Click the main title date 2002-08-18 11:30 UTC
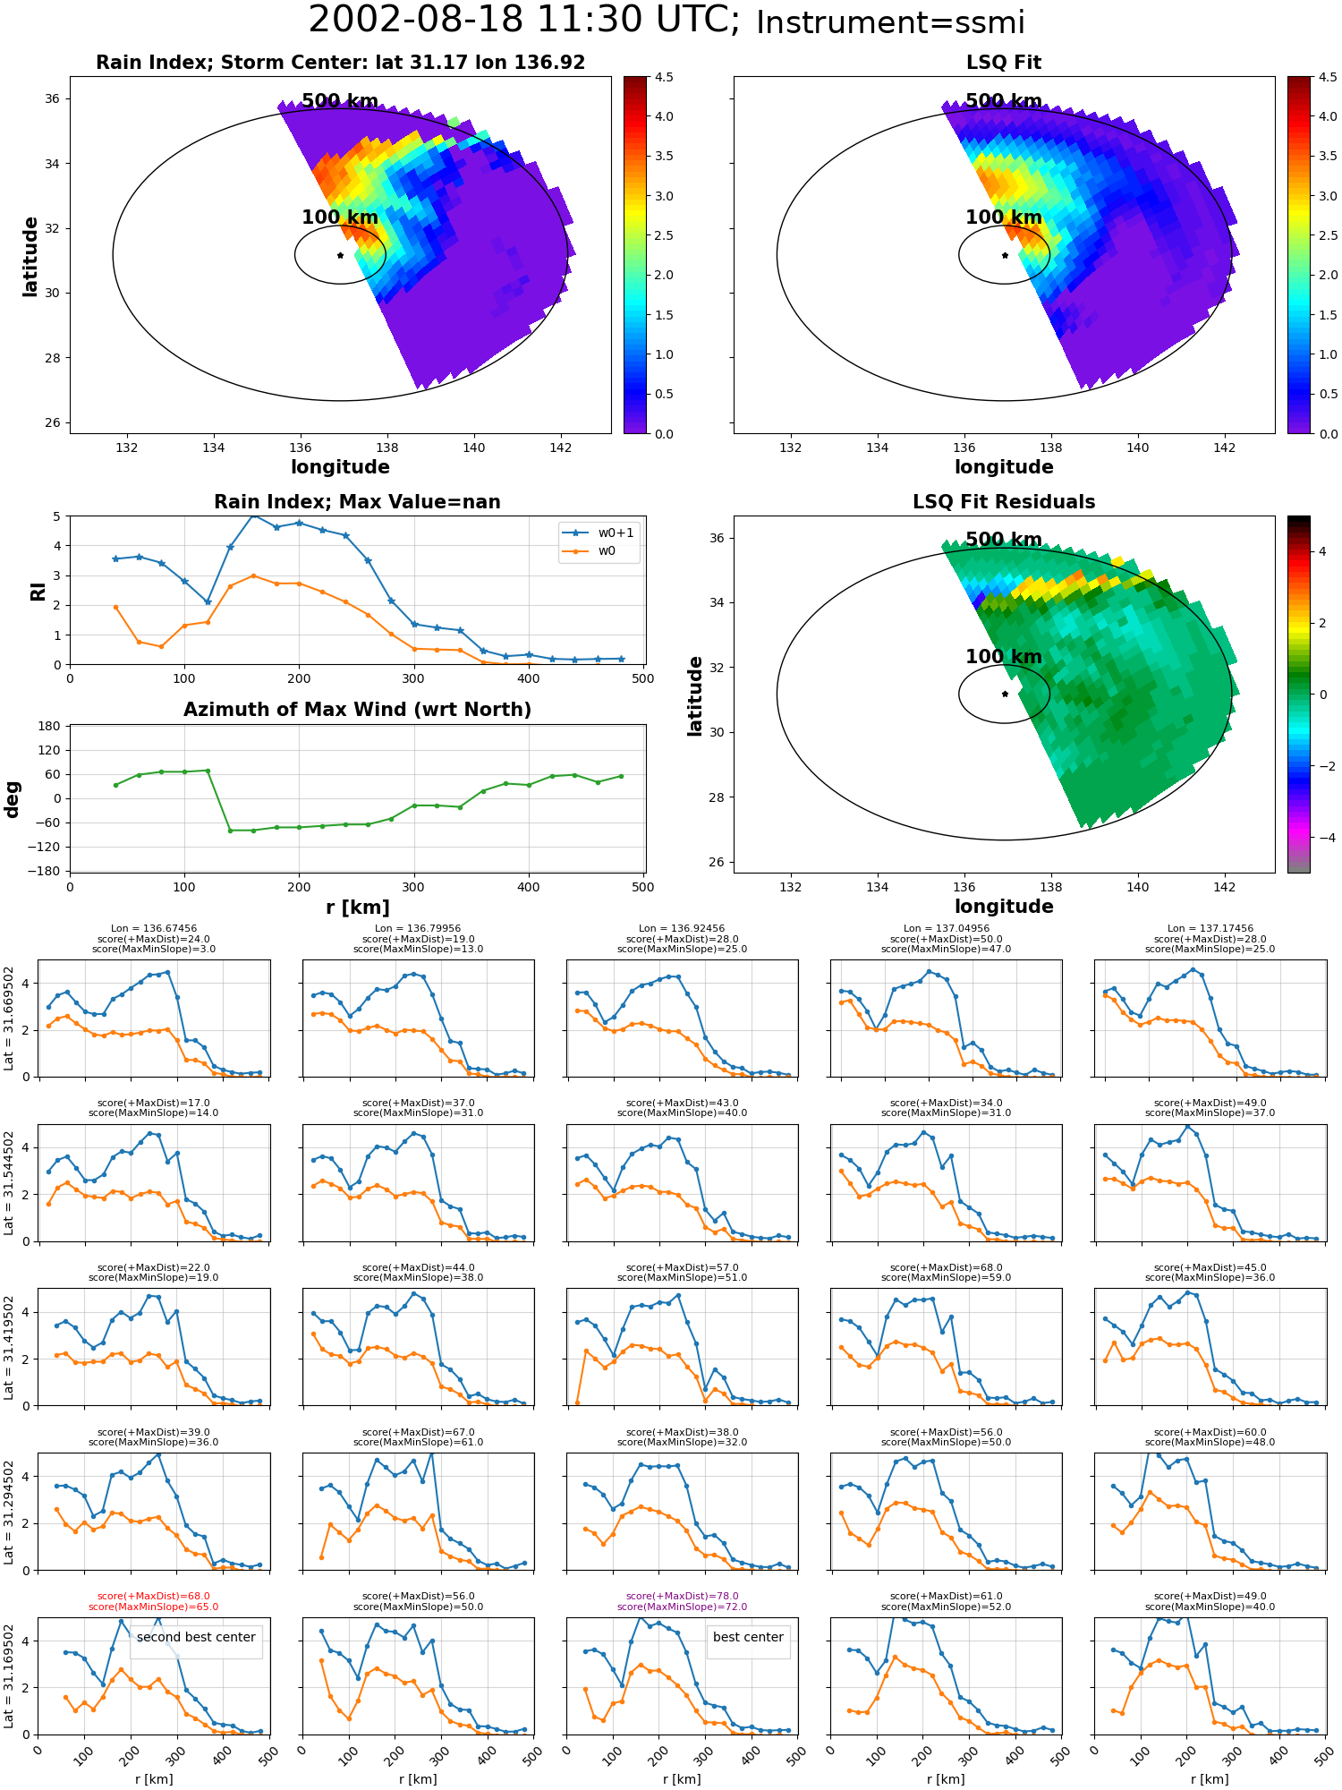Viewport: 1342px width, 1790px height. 524,20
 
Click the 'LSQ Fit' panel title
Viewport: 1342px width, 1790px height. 1004,63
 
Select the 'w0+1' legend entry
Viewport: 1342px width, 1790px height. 600,533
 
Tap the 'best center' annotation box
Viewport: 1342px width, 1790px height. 748,1638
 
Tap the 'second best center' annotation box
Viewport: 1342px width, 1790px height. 196,1638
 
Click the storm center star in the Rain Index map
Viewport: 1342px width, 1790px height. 340,255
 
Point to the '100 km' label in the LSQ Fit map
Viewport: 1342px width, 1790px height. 1004,217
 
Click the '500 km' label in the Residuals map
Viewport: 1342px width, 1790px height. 1004,540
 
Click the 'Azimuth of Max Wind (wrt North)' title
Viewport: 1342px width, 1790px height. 357,710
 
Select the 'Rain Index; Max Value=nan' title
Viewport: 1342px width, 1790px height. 357,502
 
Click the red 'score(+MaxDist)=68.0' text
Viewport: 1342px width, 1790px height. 153,1597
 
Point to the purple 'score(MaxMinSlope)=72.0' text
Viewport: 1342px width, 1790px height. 682,1607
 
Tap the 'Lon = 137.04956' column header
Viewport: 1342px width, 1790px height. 946,929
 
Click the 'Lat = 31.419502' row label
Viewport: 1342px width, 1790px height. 9,1348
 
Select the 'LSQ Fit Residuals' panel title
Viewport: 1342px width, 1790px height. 1004,502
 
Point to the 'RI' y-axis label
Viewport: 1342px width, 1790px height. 38,591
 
